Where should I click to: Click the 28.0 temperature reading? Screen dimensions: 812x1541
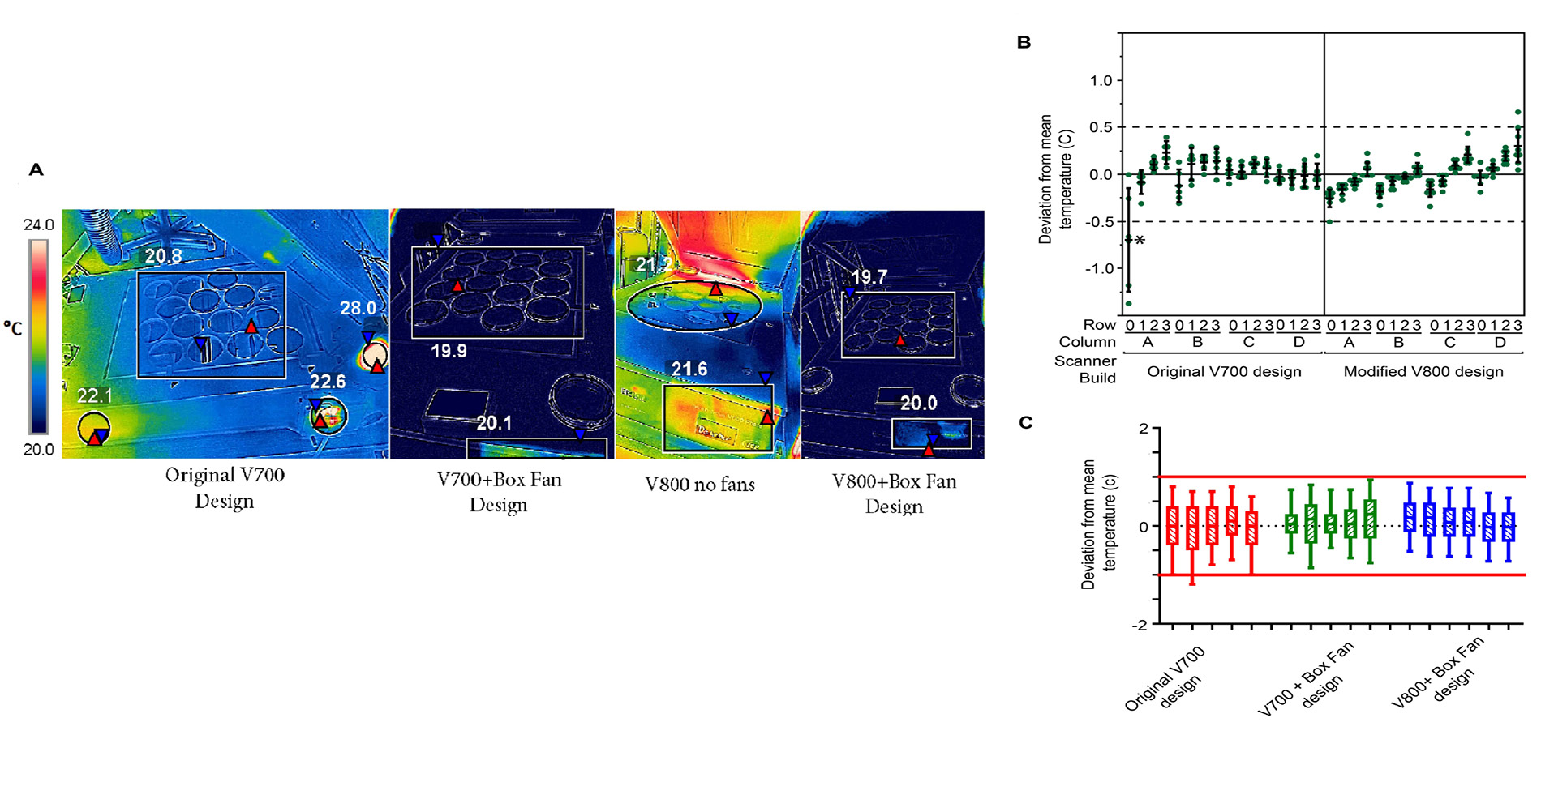tap(358, 309)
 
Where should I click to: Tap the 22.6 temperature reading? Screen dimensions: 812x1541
tap(328, 382)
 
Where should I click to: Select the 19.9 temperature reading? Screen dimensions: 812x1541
tap(449, 351)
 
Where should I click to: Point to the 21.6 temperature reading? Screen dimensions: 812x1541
tap(689, 370)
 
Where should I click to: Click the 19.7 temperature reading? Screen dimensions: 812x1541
tap(869, 277)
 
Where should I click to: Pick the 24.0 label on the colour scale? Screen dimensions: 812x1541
tap(38, 224)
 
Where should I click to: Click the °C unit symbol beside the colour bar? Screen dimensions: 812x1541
tap(13, 328)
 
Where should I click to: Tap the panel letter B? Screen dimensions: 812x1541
tap(1024, 42)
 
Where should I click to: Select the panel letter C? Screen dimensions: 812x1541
tap(1025, 422)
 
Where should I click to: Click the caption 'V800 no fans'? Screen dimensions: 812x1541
tap(700, 485)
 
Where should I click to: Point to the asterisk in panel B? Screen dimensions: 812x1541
tap(1140, 241)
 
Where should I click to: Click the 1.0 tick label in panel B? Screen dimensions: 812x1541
tap(1101, 80)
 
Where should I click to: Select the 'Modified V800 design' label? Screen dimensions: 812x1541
tap(1423, 371)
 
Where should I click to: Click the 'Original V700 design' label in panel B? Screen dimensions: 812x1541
tap(1224, 371)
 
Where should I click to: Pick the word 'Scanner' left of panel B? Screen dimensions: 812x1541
tap(1085, 361)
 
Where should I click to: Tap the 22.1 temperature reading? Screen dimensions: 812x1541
tap(94, 395)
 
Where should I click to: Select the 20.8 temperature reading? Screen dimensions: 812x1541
tap(163, 256)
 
